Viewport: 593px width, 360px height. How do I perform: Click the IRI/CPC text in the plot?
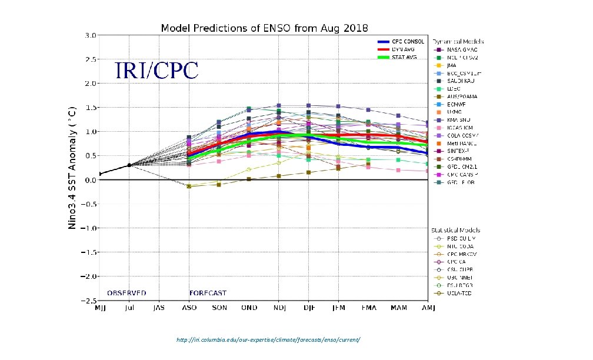click(x=156, y=71)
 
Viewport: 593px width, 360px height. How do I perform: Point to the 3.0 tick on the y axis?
click(x=90, y=35)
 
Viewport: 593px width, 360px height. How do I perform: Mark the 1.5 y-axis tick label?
click(x=90, y=108)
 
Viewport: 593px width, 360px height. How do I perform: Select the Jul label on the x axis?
click(x=129, y=308)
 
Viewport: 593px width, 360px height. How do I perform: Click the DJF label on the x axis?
click(x=308, y=308)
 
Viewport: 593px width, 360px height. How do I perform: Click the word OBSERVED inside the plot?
click(x=126, y=293)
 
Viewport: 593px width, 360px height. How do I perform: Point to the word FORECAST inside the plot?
click(x=208, y=293)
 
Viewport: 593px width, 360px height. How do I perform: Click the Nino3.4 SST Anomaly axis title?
click(x=72, y=167)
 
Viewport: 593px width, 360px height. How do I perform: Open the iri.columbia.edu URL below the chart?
click(x=268, y=341)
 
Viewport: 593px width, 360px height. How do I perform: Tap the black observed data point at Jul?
click(x=129, y=165)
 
